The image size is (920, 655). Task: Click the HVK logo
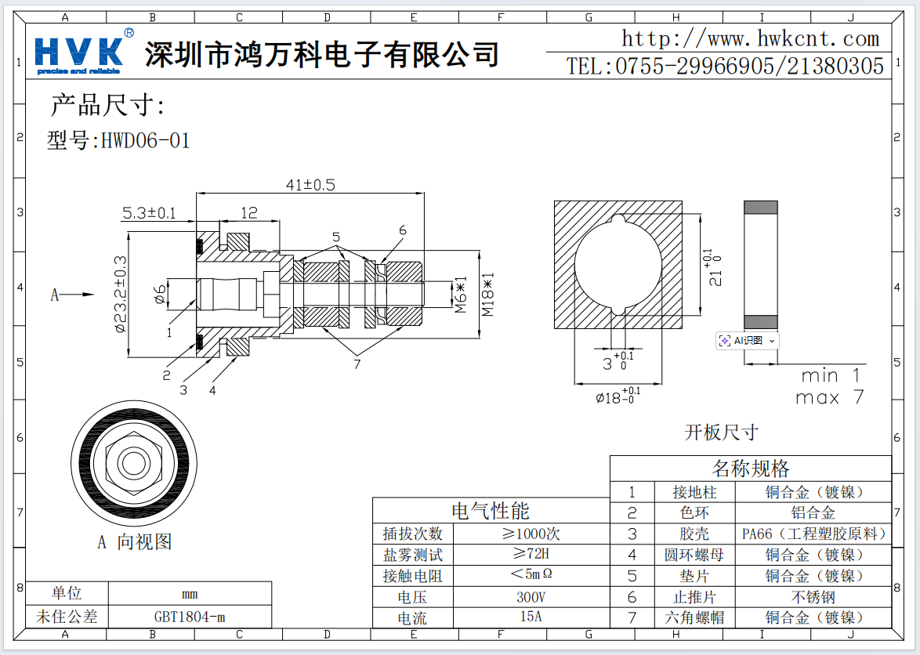pos(78,52)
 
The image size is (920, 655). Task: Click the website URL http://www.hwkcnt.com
pos(750,38)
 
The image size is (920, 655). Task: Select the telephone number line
pos(725,67)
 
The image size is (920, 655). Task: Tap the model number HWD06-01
pos(145,141)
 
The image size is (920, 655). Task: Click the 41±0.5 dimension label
pos(310,185)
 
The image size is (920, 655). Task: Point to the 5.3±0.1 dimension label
pos(149,213)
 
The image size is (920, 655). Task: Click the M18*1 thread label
pos(487,295)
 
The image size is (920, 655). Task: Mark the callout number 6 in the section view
pos(403,230)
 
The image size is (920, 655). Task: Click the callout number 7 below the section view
pos(357,364)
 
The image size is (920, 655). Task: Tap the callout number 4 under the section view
pos(212,389)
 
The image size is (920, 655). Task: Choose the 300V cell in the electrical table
pos(531,597)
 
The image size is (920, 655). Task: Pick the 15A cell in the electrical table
pos(531,617)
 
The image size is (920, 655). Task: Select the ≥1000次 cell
pos(531,534)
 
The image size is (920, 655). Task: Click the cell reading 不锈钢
pos(813,597)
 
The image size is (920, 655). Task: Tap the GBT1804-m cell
pos(190,616)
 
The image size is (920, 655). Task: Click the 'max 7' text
pos(829,398)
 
